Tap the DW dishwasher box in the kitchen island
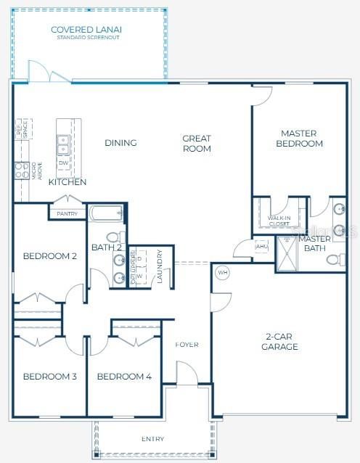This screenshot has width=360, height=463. (63, 163)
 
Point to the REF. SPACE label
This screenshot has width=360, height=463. (25, 128)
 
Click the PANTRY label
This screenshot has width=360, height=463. (67, 214)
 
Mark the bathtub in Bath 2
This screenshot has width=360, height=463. (105, 214)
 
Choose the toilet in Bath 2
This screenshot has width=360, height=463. (112, 237)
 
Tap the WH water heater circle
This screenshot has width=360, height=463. (223, 273)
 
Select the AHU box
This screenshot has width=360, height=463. (261, 246)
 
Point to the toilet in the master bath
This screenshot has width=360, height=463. (335, 259)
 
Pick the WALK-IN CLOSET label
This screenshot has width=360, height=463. (279, 221)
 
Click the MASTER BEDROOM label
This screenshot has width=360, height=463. (301, 139)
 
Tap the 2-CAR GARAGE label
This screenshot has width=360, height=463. (279, 342)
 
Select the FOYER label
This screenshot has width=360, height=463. (187, 345)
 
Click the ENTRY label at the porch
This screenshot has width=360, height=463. (153, 438)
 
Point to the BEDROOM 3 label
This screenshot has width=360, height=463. (49, 377)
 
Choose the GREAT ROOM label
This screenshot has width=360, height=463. (197, 144)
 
